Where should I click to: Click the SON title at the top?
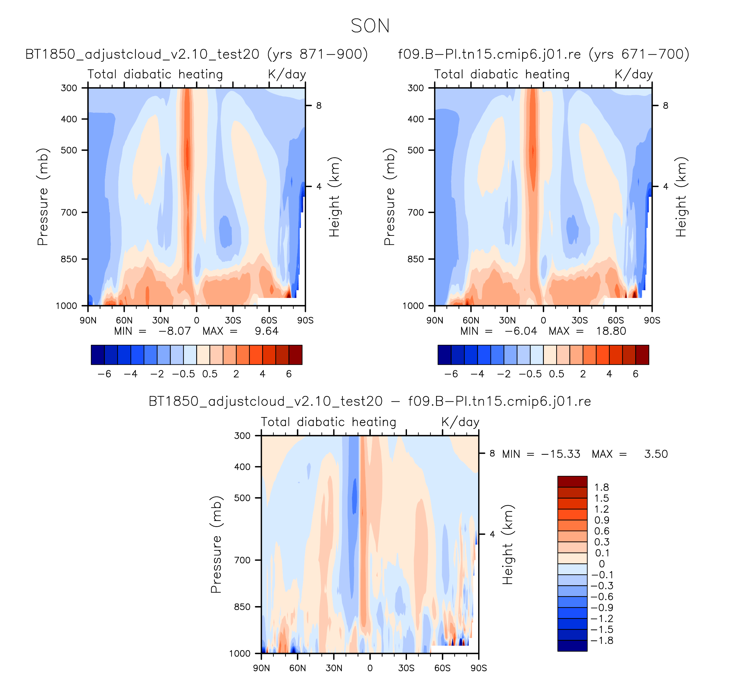370,26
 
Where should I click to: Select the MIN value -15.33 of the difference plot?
561,454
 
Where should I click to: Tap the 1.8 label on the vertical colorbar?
602,487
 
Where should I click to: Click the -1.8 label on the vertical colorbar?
602,640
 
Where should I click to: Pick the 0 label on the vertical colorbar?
602,564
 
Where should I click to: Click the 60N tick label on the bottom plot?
297,668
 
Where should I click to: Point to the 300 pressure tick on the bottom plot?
242,436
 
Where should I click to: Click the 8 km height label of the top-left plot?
319,106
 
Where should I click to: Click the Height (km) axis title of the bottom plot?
508,545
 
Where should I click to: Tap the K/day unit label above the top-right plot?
634,74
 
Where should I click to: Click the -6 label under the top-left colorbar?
104,374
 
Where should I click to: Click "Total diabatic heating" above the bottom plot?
328,422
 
